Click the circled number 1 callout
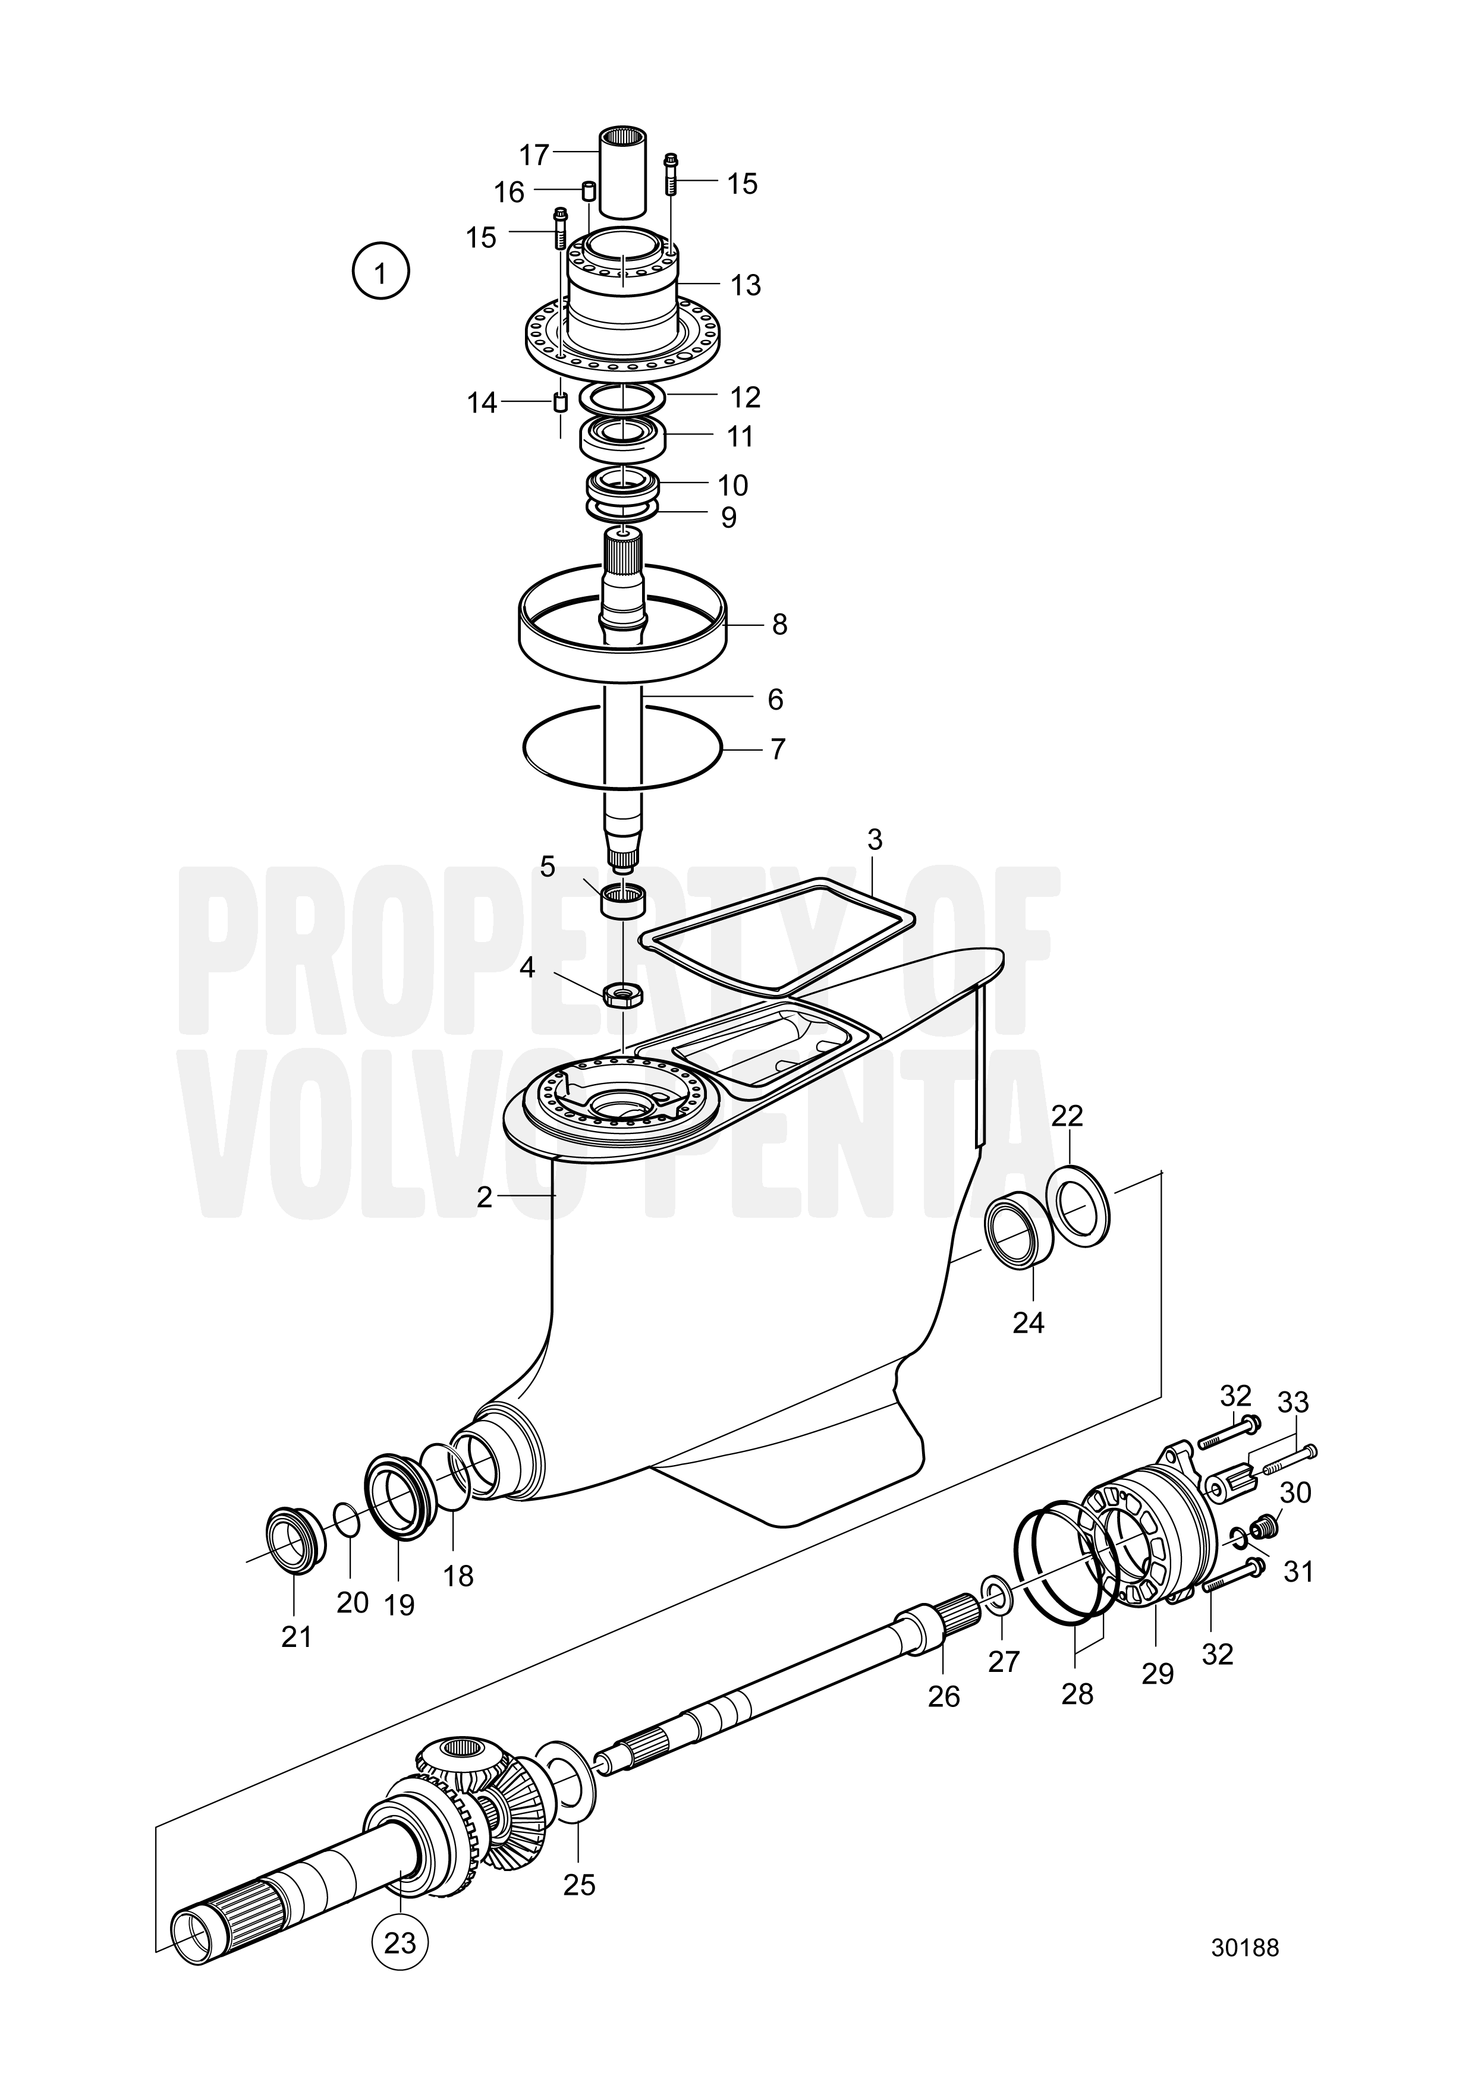tap(380, 272)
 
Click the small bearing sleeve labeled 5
tap(623, 901)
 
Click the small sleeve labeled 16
tap(589, 191)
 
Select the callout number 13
tap(746, 285)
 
